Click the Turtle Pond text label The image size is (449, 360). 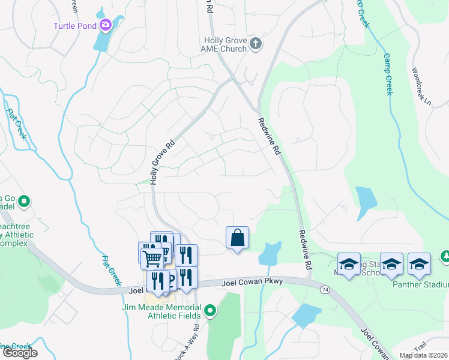click(75, 25)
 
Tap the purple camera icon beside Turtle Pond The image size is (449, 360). click(106, 25)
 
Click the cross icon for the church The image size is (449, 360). click(256, 43)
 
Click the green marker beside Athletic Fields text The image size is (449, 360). click(210, 311)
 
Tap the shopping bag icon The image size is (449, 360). click(237, 238)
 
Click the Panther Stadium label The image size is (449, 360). click(420, 284)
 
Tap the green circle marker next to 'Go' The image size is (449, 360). click(24, 201)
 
